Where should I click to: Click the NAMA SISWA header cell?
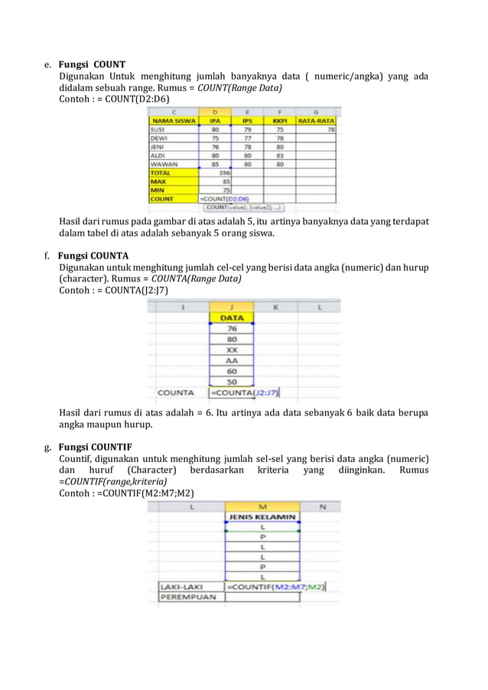click(174, 121)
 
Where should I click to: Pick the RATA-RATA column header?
click(316, 121)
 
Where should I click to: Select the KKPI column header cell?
click(279, 121)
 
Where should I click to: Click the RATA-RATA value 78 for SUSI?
click(330, 130)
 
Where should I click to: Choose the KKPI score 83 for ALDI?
click(281, 155)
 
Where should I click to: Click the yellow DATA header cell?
click(231, 317)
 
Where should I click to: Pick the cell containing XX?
click(231, 349)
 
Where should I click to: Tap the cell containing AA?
click(231, 360)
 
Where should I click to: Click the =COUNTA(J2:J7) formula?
click(245, 393)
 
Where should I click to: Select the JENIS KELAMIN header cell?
click(262, 518)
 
